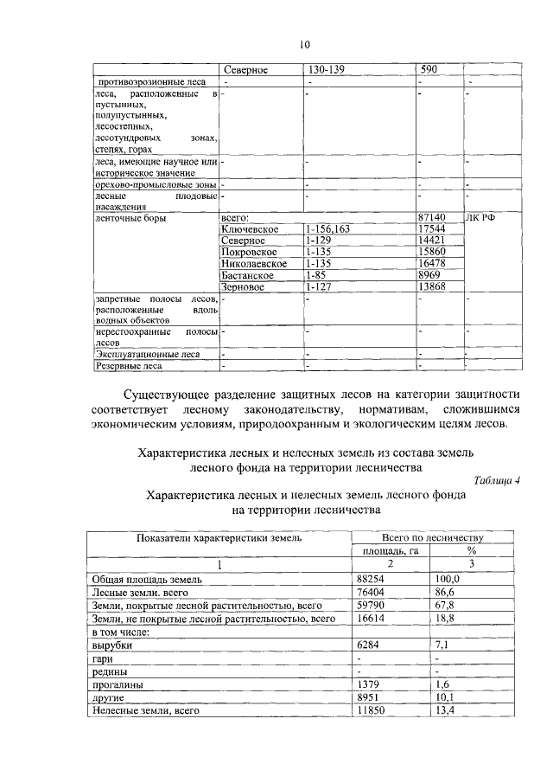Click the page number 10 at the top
[x=304, y=45]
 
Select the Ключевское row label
[x=249, y=229]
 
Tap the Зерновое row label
[x=244, y=286]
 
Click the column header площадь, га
[x=388, y=550]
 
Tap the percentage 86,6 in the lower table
[x=448, y=593]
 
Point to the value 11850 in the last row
[x=372, y=710]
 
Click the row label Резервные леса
[x=128, y=365]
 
